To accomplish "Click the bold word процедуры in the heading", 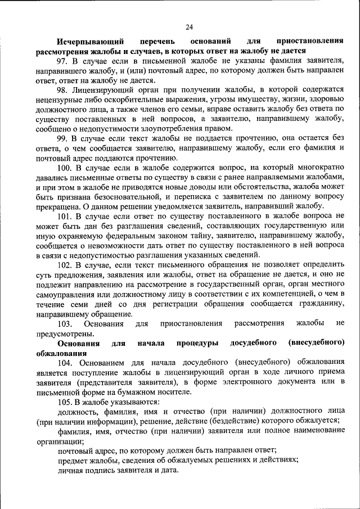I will pos(194,343).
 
